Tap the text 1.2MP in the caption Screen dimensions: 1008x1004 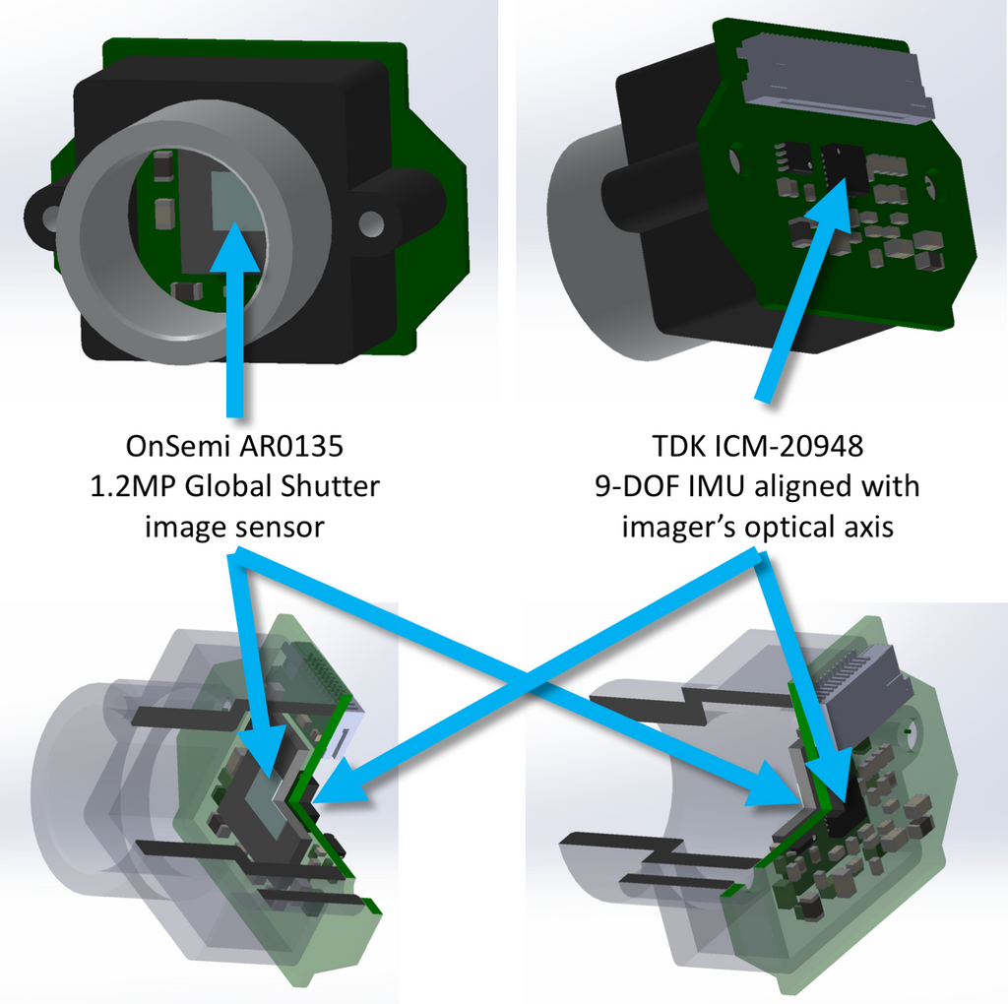click(133, 486)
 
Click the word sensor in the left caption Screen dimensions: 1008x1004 click(281, 528)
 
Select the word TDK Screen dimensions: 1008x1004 click(678, 446)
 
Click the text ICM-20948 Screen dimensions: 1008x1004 click(788, 446)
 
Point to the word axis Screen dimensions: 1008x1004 click(870, 528)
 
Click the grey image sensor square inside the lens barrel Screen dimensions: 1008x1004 click(237, 199)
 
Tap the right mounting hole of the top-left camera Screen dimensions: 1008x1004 click(371, 223)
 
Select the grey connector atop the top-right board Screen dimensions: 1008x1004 click(836, 79)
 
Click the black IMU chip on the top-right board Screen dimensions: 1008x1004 click(844, 168)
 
